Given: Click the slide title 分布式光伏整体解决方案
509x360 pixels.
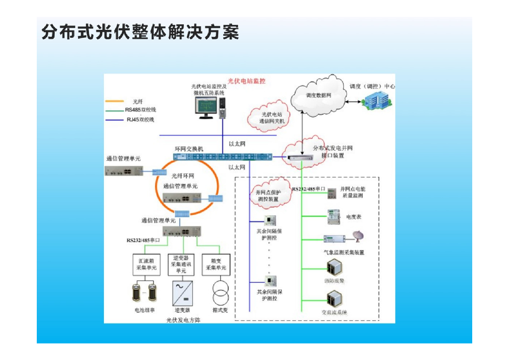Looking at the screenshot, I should [140, 32].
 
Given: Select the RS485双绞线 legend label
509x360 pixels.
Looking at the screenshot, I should [141, 110].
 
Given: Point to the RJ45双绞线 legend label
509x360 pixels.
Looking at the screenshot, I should [141, 119].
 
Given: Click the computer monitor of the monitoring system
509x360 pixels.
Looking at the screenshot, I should [206, 106].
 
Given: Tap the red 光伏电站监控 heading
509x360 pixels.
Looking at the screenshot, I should [247, 81].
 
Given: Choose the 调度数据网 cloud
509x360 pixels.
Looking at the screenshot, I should [319, 94].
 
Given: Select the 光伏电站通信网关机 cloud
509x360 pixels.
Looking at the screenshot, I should [268, 118].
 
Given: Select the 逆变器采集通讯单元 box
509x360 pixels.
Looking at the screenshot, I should [181, 264].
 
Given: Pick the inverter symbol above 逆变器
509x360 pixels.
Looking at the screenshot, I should [182, 293].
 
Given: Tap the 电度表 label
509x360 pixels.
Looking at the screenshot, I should [354, 217].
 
